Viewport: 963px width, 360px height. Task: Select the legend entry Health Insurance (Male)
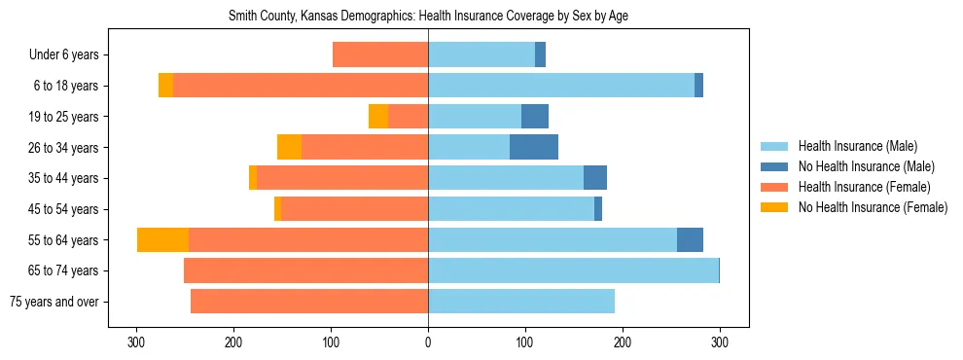point(857,146)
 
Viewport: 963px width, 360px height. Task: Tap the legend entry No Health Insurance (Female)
point(873,207)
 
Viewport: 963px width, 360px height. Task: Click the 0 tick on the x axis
point(428,342)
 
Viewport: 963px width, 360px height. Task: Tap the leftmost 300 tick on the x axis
point(137,342)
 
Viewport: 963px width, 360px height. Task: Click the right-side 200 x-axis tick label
point(623,342)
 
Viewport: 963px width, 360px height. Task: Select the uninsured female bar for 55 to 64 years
point(162,239)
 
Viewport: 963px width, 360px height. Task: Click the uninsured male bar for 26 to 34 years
point(534,147)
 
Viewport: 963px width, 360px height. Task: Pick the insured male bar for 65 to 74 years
point(573,270)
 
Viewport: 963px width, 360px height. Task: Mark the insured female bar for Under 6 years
point(380,54)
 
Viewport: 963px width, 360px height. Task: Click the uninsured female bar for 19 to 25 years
point(378,117)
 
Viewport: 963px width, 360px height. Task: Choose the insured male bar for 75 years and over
point(521,302)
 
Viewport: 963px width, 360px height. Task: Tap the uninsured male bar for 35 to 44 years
point(595,178)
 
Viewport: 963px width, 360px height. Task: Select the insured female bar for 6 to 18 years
point(301,86)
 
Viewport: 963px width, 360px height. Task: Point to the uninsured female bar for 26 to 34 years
point(289,147)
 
